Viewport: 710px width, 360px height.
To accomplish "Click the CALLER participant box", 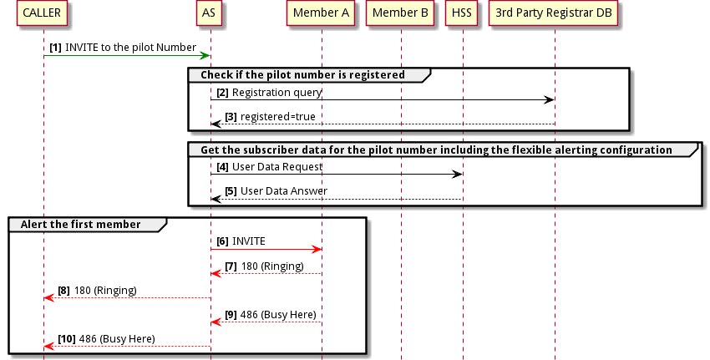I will tap(42, 13).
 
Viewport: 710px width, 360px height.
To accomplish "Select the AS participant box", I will tap(210, 13).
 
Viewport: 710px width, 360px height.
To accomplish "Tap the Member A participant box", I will tap(322, 13).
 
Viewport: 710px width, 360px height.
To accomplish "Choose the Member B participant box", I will tap(400, 13).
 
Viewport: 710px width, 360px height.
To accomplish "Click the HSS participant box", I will tap(461, 13).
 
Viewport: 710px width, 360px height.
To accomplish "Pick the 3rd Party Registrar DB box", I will tap(554, 13).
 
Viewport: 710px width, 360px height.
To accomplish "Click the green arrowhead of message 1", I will tap(204, 55).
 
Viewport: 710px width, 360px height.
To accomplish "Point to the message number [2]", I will tap(222, 91).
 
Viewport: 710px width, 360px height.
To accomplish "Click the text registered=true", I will tap(278, 116).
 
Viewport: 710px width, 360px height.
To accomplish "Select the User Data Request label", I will tap(277, 166).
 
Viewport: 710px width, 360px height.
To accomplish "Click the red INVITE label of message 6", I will tap(249, 241).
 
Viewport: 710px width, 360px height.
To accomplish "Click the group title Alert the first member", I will tap(88, 225).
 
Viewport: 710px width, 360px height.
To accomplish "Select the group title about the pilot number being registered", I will tap(302, 75).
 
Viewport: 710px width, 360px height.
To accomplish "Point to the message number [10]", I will tap(67, 338).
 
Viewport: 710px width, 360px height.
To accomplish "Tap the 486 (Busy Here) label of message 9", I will tap(277, 314).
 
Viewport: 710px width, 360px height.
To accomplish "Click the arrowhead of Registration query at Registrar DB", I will tap(550, 100).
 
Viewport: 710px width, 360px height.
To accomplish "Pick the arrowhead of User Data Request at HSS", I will tap(457, 175).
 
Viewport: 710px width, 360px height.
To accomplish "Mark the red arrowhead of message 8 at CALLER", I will tap(48, 297).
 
